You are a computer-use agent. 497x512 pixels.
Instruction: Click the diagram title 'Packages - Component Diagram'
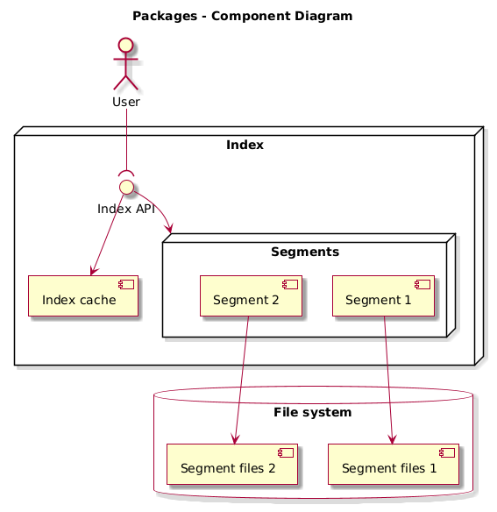tap(242, 16)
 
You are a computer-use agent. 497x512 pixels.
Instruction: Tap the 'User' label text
tap(126, 103)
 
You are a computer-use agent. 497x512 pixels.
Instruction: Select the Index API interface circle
tap(126, 187)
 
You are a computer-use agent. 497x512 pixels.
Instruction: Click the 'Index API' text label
tap(126, 208)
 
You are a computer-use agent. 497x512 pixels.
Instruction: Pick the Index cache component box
tap(83, 295)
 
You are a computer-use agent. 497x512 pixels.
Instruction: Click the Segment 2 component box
tap(250, 295)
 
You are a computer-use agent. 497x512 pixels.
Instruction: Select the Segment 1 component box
tap(383, 295)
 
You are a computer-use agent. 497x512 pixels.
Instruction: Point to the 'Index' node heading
tap(245, 144)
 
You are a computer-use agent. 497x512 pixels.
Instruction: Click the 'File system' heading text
tap(313, 412)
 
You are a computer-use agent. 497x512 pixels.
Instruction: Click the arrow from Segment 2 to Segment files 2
tap(242, 377)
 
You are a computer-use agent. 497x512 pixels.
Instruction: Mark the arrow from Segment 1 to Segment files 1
tap(387, 377)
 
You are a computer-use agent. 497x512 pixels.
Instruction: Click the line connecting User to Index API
tap(126, 140)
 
